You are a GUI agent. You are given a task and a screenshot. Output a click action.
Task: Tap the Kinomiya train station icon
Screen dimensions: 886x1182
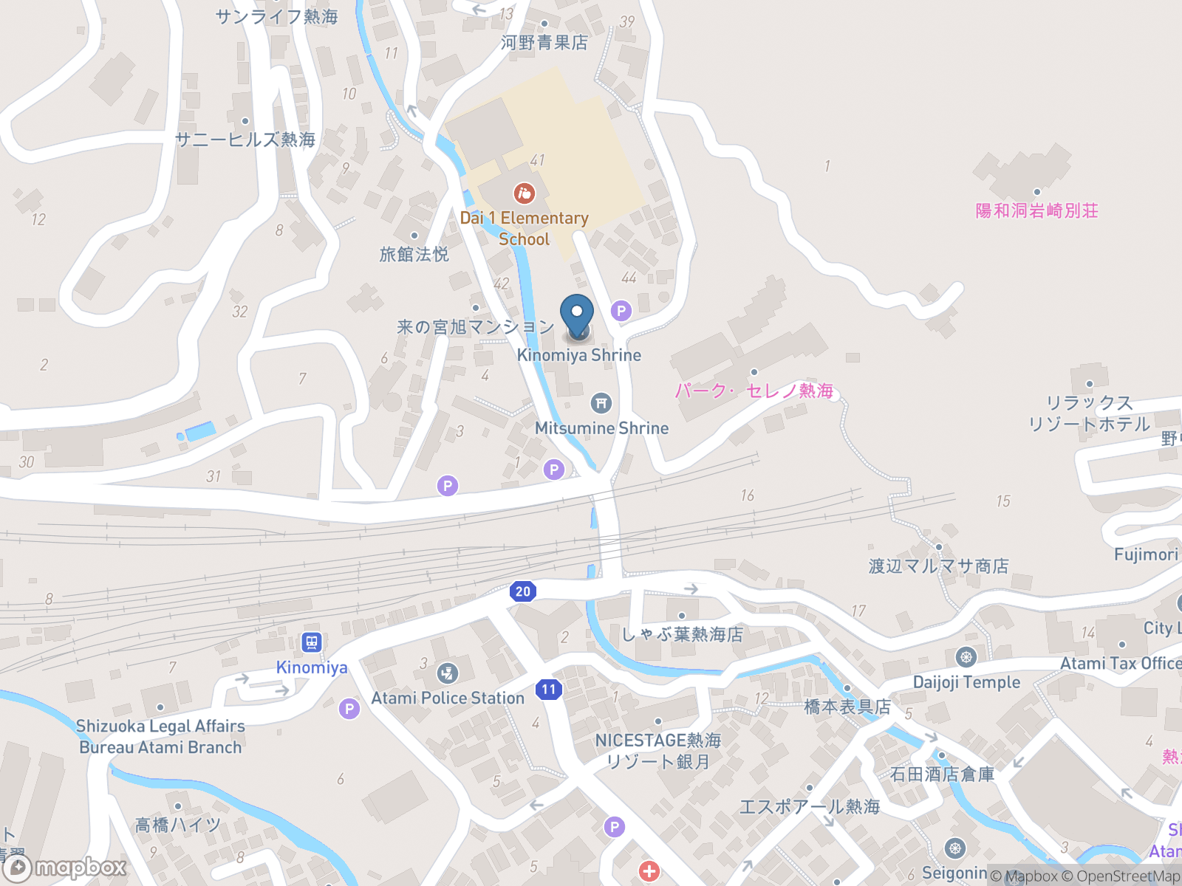coord(312,642)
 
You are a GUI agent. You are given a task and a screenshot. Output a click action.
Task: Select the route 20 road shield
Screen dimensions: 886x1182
coord(523,591)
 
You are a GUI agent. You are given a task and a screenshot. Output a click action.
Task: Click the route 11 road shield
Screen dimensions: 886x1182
coord(548,690)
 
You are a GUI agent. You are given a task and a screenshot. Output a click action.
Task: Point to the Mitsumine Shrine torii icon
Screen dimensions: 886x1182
coord(601,403)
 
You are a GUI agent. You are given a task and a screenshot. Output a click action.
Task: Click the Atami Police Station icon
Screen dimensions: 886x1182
coord(447,673)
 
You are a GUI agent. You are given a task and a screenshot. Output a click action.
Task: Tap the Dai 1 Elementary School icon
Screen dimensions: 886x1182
coord(524,193)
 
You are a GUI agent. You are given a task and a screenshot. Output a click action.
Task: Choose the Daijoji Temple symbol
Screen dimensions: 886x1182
coord(966,657)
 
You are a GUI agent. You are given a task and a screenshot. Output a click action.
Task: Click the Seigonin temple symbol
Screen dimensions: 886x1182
coord(954,848)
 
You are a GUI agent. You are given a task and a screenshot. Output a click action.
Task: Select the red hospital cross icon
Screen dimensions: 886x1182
coord(649,871)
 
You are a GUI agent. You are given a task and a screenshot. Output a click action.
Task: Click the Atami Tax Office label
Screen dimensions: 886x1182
coord(1120,664)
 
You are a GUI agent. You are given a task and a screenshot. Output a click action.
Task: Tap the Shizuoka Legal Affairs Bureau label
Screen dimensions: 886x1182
coord(160,736)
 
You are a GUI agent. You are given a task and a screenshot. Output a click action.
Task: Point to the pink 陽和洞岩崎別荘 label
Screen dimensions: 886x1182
coord(1036,211)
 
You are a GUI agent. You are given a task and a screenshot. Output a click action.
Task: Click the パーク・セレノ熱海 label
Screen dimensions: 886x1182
coord(754,391)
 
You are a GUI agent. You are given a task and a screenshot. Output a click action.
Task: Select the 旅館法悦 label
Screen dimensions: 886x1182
coord(414,255)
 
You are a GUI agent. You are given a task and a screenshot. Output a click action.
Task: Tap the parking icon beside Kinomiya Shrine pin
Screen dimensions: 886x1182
coord(621,311)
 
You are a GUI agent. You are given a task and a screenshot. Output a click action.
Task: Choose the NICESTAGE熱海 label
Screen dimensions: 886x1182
coord(657,740)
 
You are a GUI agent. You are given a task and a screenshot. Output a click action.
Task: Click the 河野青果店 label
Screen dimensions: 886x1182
coord(544,43)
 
